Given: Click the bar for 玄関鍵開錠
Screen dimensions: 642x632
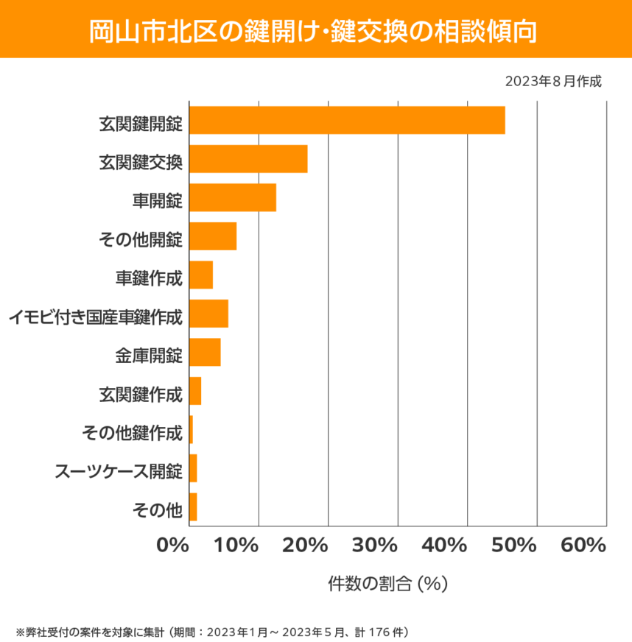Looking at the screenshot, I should [x=347, y=120].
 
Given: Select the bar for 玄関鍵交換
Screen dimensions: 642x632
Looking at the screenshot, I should [x=248, y=159].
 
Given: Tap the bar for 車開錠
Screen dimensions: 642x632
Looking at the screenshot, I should [x=233, y=198].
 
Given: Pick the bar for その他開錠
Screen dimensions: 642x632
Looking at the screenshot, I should [x=213, y=236].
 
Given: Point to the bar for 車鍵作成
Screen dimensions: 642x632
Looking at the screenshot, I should [x=201, y=275].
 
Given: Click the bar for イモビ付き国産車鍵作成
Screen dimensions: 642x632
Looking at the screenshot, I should [x=208, y=314].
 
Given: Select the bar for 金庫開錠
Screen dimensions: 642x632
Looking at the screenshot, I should [x=205, y=352].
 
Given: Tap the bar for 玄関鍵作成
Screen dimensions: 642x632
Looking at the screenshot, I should [x=195, y=391].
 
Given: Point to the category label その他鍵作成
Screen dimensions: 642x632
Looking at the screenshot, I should [x=132, y=432].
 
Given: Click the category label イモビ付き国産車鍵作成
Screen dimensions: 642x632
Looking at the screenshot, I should [x=95, y=318].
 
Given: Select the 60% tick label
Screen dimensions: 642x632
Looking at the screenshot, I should [x=583, y=546].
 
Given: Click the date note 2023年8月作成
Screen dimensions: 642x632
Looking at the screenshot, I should [x=553, y=81].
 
